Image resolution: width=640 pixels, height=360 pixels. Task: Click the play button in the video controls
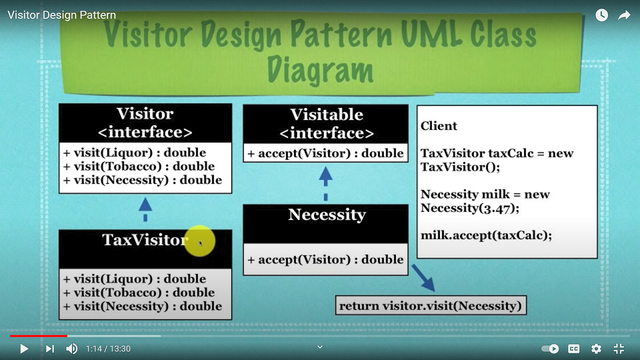tap(24, 349)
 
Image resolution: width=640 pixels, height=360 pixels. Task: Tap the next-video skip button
tap(50, 349)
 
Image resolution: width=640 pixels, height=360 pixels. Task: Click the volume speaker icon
tap(72, 349)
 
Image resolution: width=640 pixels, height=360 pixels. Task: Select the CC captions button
tap(574, 349)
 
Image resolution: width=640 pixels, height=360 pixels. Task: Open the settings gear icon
tap(596, 349)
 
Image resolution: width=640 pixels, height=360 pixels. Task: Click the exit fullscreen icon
tap(619, 349)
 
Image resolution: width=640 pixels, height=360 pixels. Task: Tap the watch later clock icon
tap(602, 16)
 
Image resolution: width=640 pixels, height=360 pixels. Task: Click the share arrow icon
tap(624, 16)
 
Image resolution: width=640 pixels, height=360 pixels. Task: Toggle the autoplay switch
tap(550, 349)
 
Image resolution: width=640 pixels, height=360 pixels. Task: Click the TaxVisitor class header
tap(145, 240)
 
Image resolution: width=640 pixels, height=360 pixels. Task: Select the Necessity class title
tap(327, 215)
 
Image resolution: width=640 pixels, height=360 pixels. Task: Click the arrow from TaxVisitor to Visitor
tap(145, 209)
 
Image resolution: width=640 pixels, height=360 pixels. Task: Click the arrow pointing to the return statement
tap(422, 277)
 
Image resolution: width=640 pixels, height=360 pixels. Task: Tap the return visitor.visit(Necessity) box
tap(431, 306)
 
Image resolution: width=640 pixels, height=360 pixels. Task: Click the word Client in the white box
tap(439, 126)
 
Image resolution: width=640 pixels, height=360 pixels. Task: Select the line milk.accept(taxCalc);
tap(486, 236)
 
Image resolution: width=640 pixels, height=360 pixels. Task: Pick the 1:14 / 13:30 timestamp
tap(108, 349)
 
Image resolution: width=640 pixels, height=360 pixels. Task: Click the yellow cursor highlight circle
tap(200, 240)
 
